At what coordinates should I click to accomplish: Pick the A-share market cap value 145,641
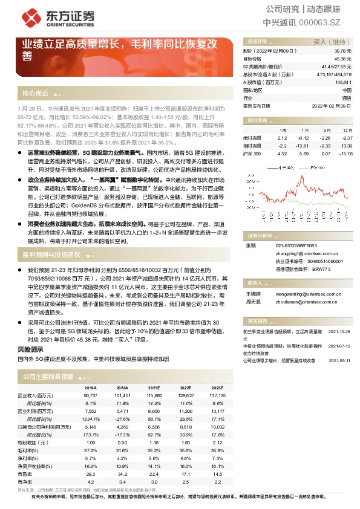pyautogui.click(x=342, y=82)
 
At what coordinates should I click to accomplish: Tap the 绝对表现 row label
pyautogui.click(x=252, y=138)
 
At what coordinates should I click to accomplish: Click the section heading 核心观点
pyautogui.click(x=35, y=94)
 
